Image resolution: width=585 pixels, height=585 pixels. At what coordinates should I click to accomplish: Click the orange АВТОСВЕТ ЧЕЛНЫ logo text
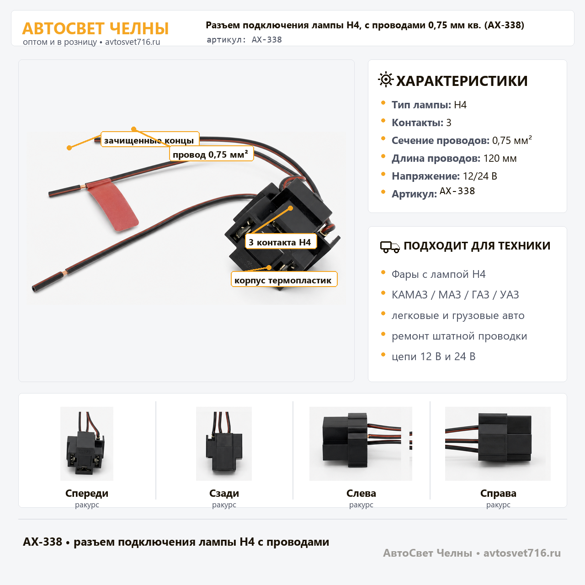96,28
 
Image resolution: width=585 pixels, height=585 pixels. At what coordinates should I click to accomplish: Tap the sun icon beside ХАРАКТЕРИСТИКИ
386,80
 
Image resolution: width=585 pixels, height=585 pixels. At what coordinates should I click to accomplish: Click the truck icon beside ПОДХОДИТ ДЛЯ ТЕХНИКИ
390,247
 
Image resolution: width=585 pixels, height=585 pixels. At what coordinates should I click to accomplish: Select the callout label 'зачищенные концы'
150,140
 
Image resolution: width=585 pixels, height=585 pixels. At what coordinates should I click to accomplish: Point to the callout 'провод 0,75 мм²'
211,154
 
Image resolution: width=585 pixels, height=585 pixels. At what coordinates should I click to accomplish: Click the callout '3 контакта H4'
281,242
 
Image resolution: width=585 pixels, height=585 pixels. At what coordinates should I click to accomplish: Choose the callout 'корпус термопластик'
284,279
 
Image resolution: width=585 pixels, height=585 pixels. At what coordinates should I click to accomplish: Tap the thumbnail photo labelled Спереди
87,443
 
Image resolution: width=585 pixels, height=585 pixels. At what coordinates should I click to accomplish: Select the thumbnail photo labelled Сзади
224,443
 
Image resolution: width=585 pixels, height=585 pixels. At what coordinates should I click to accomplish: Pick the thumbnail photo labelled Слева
361,443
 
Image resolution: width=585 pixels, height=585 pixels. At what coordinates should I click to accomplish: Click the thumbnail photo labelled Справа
498,443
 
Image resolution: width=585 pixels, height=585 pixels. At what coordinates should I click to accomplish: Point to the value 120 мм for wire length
500,158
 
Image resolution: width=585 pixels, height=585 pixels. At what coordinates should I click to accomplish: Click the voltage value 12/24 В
480,176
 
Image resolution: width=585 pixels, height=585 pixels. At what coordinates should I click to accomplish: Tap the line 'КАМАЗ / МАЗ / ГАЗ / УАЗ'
455,294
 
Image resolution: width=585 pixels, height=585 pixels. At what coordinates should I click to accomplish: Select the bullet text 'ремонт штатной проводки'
459,336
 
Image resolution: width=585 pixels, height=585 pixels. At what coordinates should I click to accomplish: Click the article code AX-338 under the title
266,40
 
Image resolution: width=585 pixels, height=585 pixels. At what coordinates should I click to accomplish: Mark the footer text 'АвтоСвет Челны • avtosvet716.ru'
472,553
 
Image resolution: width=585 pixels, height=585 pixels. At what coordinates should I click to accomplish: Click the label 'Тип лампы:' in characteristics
421,105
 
